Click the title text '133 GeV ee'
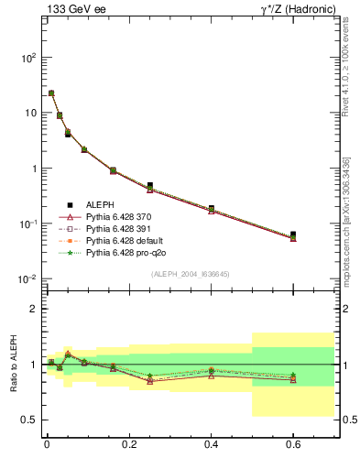(71, 10)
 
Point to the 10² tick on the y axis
(27, 57)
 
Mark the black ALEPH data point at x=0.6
(293, 234)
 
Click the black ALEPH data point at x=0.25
(149, 185)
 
